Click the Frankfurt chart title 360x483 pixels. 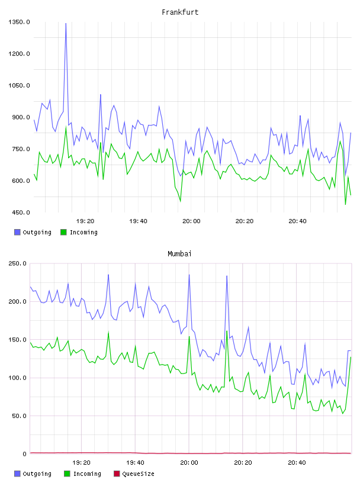point(180,12)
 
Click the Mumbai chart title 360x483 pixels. point(179,254)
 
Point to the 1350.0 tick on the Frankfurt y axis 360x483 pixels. point(19,22)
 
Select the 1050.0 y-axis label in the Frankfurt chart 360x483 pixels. point(19,85)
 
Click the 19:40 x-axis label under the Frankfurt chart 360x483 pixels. point(138,221)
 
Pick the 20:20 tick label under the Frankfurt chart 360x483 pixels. point(245,221)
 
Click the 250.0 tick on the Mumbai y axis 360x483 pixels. point(18,263)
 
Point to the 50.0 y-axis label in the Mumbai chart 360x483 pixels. point(19,416)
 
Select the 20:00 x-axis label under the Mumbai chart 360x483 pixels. point(189,463)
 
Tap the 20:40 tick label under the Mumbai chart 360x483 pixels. point(297,463)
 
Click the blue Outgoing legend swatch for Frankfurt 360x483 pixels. point(17,232)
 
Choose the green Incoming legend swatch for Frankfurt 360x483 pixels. point(63,232)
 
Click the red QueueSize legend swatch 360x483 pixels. point(117,474)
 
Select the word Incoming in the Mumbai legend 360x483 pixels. point(87,474)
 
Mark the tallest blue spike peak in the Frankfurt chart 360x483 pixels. point(66,24)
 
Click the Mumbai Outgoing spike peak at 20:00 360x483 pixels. point(189,275)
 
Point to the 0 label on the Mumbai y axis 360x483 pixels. point(25,454)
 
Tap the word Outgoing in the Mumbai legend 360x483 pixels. point(37,474)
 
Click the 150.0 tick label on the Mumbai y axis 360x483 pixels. point(18,340)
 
